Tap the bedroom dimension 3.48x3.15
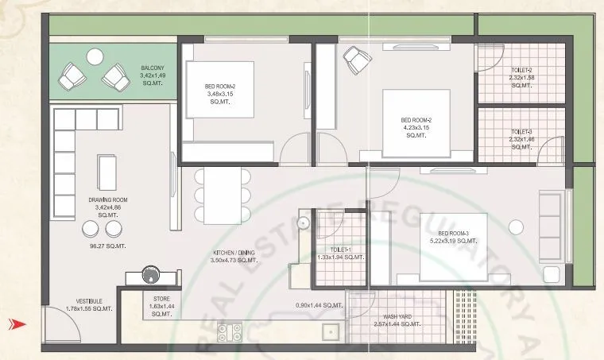(218, 95)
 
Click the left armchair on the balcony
(74, 76)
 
